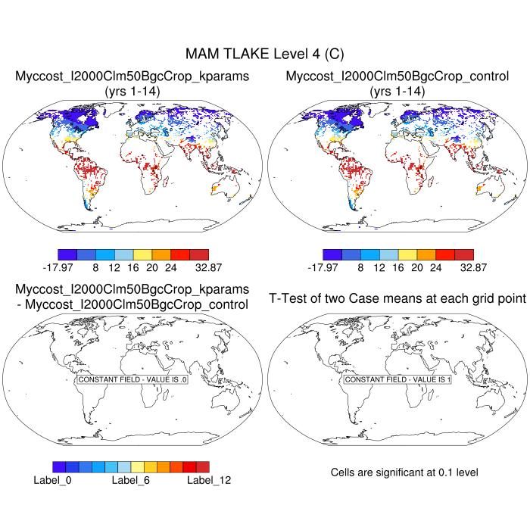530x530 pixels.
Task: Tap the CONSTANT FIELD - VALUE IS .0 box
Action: tap(132, 379)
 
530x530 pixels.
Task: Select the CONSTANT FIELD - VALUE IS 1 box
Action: tap(397, 379)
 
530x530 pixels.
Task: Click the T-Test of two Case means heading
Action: tap(397, 298)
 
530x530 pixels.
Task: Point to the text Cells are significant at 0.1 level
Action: tap(404, 472)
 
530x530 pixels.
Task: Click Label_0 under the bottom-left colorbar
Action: tap(52, 479)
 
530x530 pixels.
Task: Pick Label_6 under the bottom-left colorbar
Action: tap(130, 479)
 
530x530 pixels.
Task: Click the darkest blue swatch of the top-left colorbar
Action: tap(67, 254)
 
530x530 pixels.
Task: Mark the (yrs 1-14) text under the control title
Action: tap(397, 91)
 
